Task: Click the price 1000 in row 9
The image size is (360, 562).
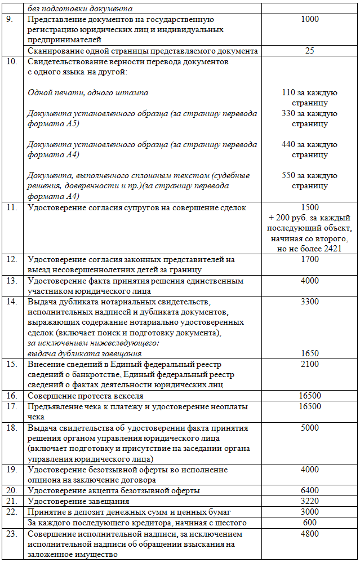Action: [x=309, y=19]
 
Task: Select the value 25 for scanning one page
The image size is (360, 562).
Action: [x=309, y=51]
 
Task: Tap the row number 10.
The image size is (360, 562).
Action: [x=12, y=61]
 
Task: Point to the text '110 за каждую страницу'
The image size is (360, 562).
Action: [x=309, y=98]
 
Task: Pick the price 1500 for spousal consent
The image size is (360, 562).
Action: [x=309, y=207]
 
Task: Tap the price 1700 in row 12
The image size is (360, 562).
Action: [x=309, y=259]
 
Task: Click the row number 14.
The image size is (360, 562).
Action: [x=12, y=302]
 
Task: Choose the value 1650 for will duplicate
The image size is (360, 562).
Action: [x=309, y=353]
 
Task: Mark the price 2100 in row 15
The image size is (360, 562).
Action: [x=309, y=364]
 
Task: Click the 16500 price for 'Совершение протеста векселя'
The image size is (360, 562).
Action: [x=309, y=396]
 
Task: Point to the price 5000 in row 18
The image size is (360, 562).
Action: [x=309, y=428]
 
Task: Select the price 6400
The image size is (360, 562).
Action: [x=309, y=490]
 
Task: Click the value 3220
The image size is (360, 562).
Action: [x=309, y=501]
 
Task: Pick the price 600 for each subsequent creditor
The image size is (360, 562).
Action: [x=309, y=523]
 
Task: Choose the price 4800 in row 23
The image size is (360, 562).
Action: [x=309, y=533]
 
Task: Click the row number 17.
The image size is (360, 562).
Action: [x=12, y=406]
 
